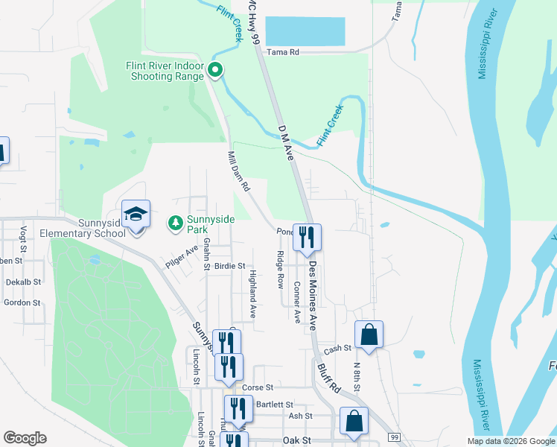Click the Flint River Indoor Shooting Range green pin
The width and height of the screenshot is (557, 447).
point(215,71)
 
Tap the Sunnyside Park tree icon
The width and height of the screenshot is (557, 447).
point(175,222)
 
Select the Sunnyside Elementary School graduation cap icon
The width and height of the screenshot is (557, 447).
point(136,215)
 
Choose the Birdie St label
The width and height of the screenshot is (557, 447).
point(229,265)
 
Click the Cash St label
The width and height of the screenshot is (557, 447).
point(337,349)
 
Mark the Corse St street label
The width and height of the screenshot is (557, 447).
point(258,388)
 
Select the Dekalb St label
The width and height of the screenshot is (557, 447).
point(23,282)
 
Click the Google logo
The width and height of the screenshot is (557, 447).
point(25,438)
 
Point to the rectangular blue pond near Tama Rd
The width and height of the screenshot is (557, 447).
point(305,32)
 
